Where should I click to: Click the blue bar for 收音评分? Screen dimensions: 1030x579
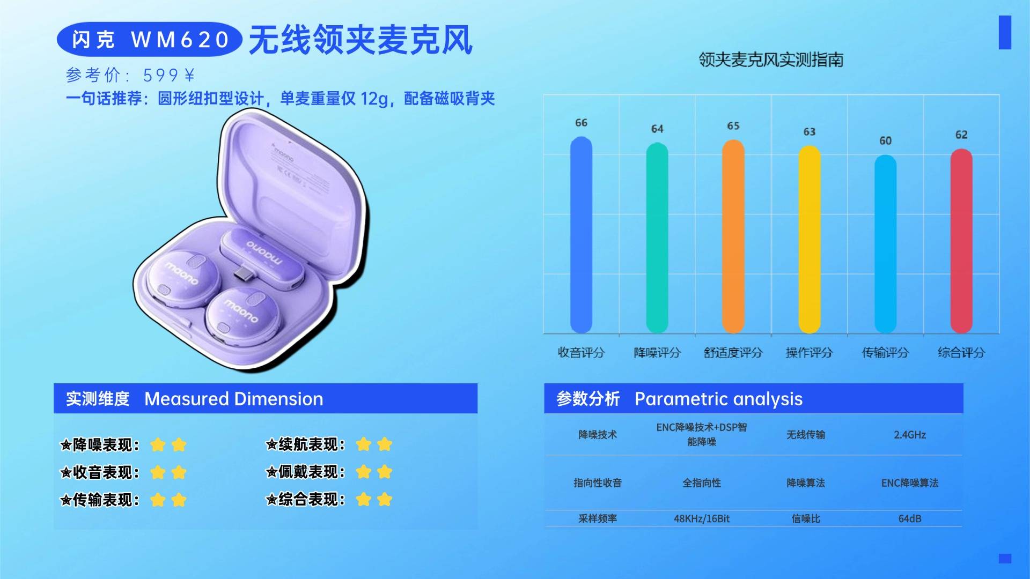coord(581,235)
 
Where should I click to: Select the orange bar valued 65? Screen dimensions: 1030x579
coord(733,236)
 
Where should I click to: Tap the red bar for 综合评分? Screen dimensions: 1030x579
coord(961,241)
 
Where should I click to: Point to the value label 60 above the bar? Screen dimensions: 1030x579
coord(885,140)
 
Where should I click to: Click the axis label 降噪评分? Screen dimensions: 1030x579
coord(657,352)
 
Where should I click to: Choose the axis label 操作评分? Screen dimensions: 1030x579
coord(809,352)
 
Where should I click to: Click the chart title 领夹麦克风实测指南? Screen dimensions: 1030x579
coord(771,60)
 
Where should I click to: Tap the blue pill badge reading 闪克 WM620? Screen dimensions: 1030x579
coord(150,39)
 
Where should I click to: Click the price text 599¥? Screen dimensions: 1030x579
coord(169,75)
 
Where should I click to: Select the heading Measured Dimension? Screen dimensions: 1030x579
coord(234,399)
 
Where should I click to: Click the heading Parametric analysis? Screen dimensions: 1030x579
coord(719,399)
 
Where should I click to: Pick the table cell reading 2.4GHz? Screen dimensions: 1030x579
coord(910,435)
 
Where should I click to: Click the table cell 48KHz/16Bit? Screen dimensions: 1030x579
coord(702,518)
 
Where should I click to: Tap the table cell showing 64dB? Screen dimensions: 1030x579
coord(910,518)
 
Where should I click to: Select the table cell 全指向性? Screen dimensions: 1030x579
coord(702,483)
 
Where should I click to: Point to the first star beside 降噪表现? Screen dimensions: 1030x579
coord(158,444)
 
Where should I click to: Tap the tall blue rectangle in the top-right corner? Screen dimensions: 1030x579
coord(1005,32)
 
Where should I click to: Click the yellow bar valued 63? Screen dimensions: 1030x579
coord(810,239)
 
